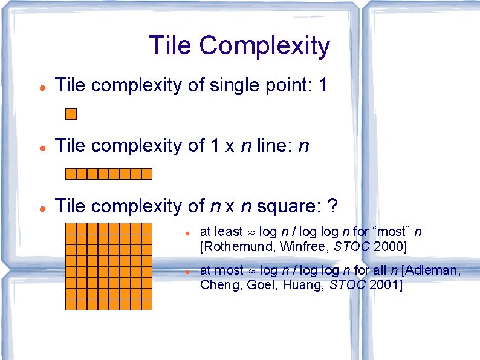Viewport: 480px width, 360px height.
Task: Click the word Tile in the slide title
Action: pos(170,45)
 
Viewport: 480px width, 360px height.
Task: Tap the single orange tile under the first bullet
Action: pos(71,114)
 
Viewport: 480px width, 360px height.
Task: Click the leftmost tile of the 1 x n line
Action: pos(71,174)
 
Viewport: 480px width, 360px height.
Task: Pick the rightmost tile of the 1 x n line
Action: pos(147,174)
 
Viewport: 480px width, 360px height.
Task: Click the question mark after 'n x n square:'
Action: pos(331,206)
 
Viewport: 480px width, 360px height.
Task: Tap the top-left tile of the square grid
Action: pos(71,228)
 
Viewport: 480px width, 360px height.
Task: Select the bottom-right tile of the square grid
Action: pos(147,304)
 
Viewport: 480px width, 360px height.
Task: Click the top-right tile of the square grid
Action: pos(147,228)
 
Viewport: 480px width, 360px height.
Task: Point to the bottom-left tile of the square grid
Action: pos(71,304)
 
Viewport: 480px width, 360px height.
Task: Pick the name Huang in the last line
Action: pos(307,285)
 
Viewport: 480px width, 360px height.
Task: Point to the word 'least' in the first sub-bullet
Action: pos(228,232)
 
